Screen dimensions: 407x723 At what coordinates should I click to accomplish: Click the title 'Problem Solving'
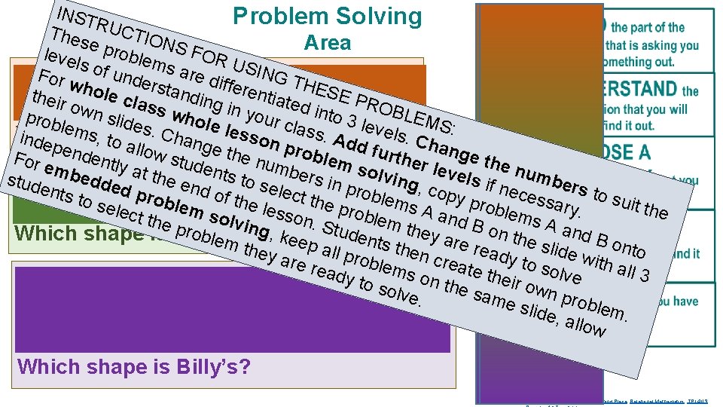tap(328, 16)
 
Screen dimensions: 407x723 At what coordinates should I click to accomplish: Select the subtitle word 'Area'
tap(328, 43)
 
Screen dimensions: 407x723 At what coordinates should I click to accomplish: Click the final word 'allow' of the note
tap(583, 326)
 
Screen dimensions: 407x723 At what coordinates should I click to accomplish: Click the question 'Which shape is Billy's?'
tap(133, 367)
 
